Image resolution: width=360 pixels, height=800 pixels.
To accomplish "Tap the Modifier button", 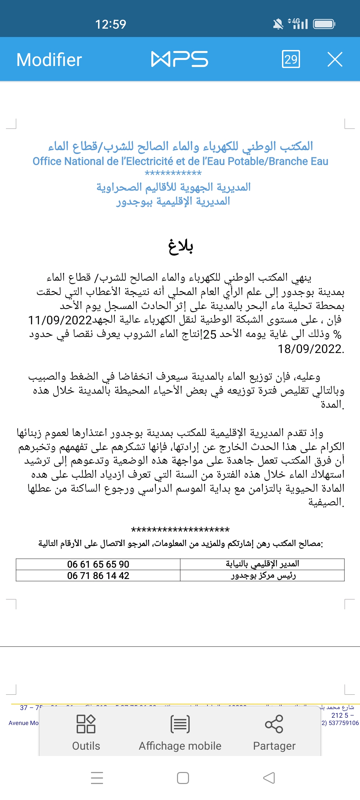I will tap(49, 60).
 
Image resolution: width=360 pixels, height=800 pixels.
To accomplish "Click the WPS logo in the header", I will tap(180, 59).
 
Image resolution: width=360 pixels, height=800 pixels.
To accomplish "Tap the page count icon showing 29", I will tap(291, 59).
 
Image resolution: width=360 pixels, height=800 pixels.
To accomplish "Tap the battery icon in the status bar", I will tap(324, 24).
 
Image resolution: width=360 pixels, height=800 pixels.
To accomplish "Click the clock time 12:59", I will tap(111, 24).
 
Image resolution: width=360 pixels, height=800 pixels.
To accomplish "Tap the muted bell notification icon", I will tap(278, 24).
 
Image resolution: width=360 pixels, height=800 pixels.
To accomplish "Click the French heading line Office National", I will tap(180, 161).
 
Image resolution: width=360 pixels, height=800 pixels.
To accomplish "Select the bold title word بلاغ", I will tap(180, 246).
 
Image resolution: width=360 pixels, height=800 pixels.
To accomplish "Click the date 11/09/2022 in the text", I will tap(60, 320).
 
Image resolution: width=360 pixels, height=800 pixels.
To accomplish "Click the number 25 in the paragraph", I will tap(210, 335).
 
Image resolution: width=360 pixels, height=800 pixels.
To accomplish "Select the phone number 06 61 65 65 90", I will tap(98, 564).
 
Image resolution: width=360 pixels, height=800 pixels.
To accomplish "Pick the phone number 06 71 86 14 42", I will tap(98, 576).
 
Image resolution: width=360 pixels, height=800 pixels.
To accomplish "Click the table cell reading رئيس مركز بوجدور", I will tap(263, 576).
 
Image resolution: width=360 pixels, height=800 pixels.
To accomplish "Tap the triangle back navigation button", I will tap(269, 778).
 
